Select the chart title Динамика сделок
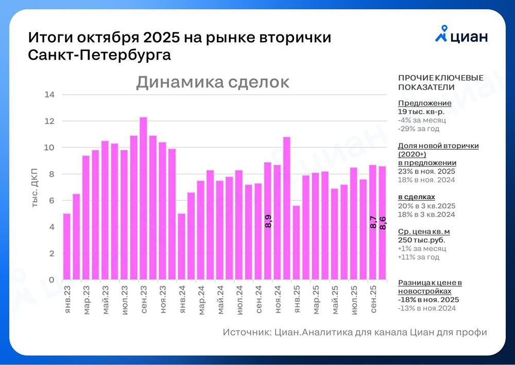[x=213, y=82]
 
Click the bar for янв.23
[x=67, y=247]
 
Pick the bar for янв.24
[x=182, y=247]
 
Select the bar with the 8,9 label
[x=268, y=221]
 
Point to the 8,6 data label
[x=383, y=223]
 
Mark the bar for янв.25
[x=296, y=242]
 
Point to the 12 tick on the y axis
[x=50, y=121]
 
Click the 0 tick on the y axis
[x=51, y=280]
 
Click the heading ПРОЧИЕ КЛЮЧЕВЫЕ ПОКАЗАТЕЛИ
[x=441, y=82]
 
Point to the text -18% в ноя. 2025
[x=428, y=300]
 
